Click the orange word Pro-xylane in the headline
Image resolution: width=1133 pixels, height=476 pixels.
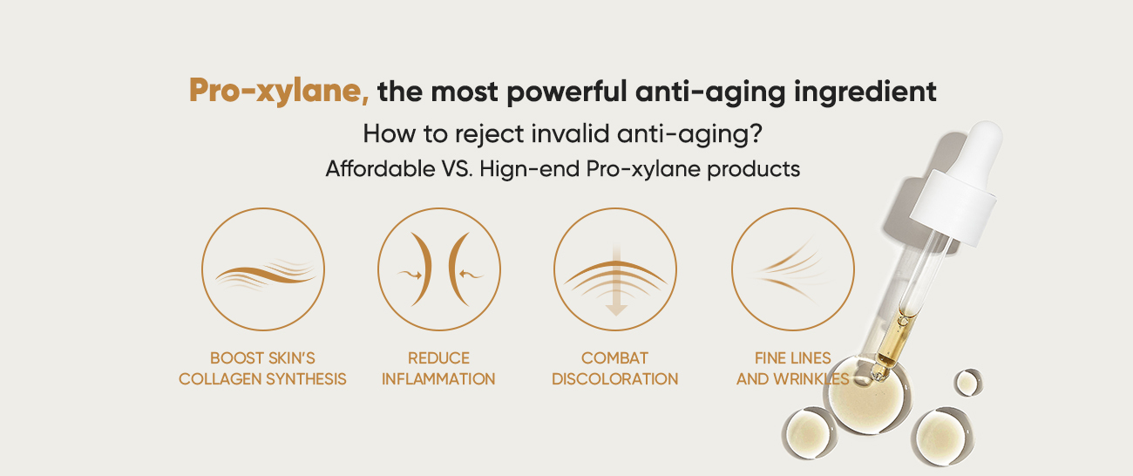click(x=279, y=92)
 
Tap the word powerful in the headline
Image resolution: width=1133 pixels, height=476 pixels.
click(x=567, y=92)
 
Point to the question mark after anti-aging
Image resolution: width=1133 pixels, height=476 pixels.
click(x=756, y=133)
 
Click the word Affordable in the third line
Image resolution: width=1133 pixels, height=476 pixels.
click(x=380, y=169)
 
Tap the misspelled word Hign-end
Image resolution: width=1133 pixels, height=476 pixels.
click(x=529, y=170)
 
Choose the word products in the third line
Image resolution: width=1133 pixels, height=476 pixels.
click(x=754, y=170)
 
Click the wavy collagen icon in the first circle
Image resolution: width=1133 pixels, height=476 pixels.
click(x=265, y=275)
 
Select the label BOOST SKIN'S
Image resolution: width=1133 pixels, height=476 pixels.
click(x=262, y=358)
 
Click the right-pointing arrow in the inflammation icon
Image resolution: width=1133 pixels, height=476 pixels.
click(x=410, y=275)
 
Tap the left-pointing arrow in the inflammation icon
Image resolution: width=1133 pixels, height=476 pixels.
click(x=471, y=275)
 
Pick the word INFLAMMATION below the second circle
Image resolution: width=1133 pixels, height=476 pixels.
click(x=438, y=379)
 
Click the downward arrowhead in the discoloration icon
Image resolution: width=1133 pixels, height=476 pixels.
click(x=616, y=310)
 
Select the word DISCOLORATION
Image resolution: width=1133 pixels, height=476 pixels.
click(x=615, y=379)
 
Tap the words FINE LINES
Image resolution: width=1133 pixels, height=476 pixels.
click(x=792, y=358)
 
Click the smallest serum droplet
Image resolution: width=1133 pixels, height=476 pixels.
click(x=968, y=383)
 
